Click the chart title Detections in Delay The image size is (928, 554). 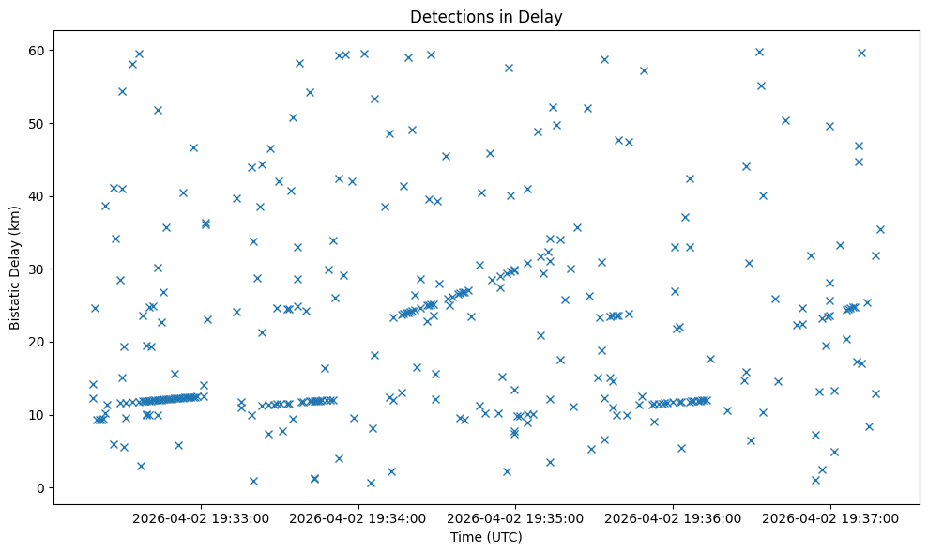coord(486,16)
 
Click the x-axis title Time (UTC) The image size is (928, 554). coord(486,538)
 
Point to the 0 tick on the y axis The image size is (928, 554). coord(41,488)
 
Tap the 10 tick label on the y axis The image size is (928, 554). coord(38,415)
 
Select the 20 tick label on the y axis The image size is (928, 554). coord(38,342)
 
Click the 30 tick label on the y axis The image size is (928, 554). coord(38,269)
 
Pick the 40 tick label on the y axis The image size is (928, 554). coord(38,196)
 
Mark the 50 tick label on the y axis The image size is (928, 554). coord(38,124)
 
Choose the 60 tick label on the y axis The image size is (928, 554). coord(38,51)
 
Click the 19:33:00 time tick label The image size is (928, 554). coord(201,517)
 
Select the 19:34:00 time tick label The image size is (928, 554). coord(358,517)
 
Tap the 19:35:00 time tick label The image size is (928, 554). coord(515,517)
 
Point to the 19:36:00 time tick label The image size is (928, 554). coord(673,517)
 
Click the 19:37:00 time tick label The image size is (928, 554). coord(830,517)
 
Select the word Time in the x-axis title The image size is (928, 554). coord(465,538)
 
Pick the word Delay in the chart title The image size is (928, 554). coord(543,16)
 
